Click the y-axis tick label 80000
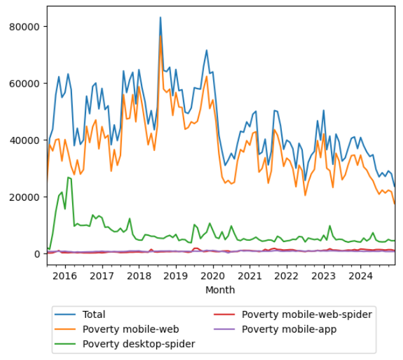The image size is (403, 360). click(27, 27)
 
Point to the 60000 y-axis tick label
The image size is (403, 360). click(27, 83)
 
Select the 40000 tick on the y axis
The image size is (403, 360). click(27, 140)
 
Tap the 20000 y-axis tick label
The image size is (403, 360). click(27, 197)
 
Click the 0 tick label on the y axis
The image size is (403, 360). click(37, 254)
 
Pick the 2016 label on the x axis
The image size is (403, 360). click(64, 276)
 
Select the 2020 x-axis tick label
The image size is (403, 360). click(212, 276)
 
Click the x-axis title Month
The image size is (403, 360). click(220, 290)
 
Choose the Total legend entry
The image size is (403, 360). click(94, 314)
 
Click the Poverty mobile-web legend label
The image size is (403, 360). click(130, 329)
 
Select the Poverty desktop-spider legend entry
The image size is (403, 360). click(139, 343)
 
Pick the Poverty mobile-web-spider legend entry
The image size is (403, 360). click(306, 314)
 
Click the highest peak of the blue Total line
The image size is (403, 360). click(160, 17)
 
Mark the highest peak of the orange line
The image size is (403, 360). click(161, 36)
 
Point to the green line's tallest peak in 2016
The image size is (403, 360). click(68, 178)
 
